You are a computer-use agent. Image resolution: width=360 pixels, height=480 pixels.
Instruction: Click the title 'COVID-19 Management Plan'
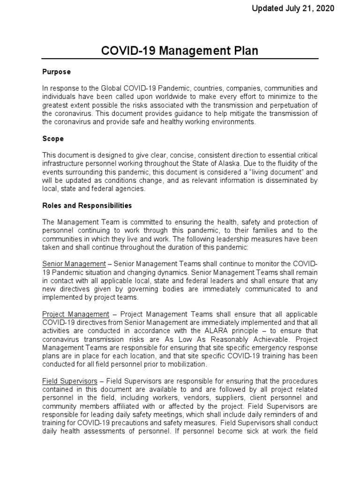click(180, 51)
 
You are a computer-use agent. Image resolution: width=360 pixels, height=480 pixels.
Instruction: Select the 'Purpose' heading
click(57, 72)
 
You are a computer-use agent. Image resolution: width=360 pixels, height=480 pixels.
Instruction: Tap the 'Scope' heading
click(53, 139)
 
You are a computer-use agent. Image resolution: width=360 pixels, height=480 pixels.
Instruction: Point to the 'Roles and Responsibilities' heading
click(87, 205)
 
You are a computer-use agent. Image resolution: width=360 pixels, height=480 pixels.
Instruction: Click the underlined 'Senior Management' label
click(74, 264)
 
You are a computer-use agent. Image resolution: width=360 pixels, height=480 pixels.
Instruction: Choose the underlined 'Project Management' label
click(75, 314)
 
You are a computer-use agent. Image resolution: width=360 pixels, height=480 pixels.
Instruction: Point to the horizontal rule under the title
click(180, 59)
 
